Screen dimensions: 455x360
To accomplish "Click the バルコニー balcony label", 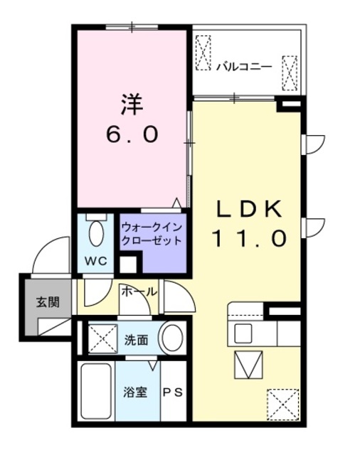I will point(243,67).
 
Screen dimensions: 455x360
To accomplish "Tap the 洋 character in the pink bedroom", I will point(132,105).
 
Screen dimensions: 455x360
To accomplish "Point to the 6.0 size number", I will point(132,134).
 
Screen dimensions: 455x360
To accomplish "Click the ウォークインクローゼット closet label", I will point(152,234).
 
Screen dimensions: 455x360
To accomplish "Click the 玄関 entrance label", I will point(48,301).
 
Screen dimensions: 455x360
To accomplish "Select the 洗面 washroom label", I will point(136,340).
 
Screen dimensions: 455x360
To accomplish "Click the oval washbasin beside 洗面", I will point(171,338).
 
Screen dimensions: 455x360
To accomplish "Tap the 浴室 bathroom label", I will point(134,392).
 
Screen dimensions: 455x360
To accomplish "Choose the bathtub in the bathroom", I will point(95,392).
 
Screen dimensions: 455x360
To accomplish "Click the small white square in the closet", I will point(128,265).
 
